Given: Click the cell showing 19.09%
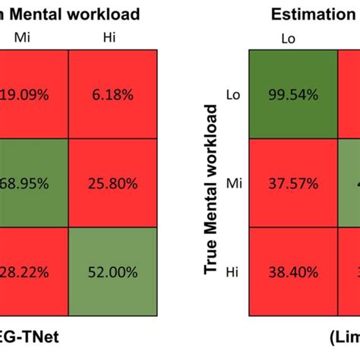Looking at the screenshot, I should point(33,95).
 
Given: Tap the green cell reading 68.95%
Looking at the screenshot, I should point(33,182).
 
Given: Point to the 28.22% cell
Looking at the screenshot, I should point(33,270).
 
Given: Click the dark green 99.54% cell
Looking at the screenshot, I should point(292,95).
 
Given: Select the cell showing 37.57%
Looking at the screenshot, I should point(292,182).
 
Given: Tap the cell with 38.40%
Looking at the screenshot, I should point(292,270).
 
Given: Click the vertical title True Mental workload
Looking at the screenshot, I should point(212,190).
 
